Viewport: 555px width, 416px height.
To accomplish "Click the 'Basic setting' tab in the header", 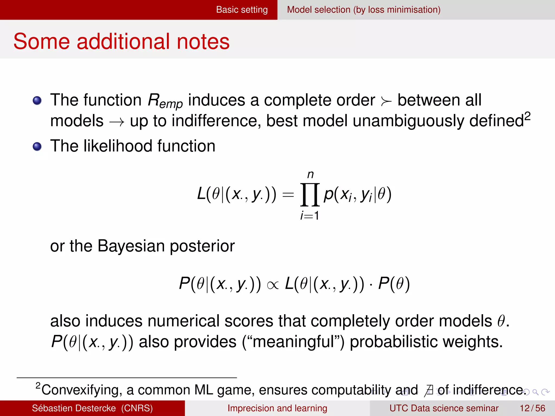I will tap(242, 10).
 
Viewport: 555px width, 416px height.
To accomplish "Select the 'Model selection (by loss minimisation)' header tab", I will tap(363, 10).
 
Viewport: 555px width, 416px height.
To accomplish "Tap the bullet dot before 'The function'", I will tap(37, 100).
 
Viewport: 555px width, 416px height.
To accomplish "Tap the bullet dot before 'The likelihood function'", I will tap(37, 147).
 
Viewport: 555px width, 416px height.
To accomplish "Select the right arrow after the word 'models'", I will tap(117, 122).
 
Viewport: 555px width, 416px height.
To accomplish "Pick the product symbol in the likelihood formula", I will tap(310, 194).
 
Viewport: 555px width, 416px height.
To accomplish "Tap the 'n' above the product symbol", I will tap(310, 175).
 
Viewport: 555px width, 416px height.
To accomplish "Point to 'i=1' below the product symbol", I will tap(310, 216).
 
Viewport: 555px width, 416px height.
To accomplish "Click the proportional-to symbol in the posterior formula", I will tap(272, 285).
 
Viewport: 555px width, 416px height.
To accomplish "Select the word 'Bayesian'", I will tap(131, 246).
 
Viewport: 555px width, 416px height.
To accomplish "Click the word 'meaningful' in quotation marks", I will tap(293, 342).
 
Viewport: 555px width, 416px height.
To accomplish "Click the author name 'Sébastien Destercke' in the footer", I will tap(74, 408).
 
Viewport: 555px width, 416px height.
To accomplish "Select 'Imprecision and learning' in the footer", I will tap(277, 408).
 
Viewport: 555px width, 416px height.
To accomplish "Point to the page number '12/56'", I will tap(532, 408).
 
